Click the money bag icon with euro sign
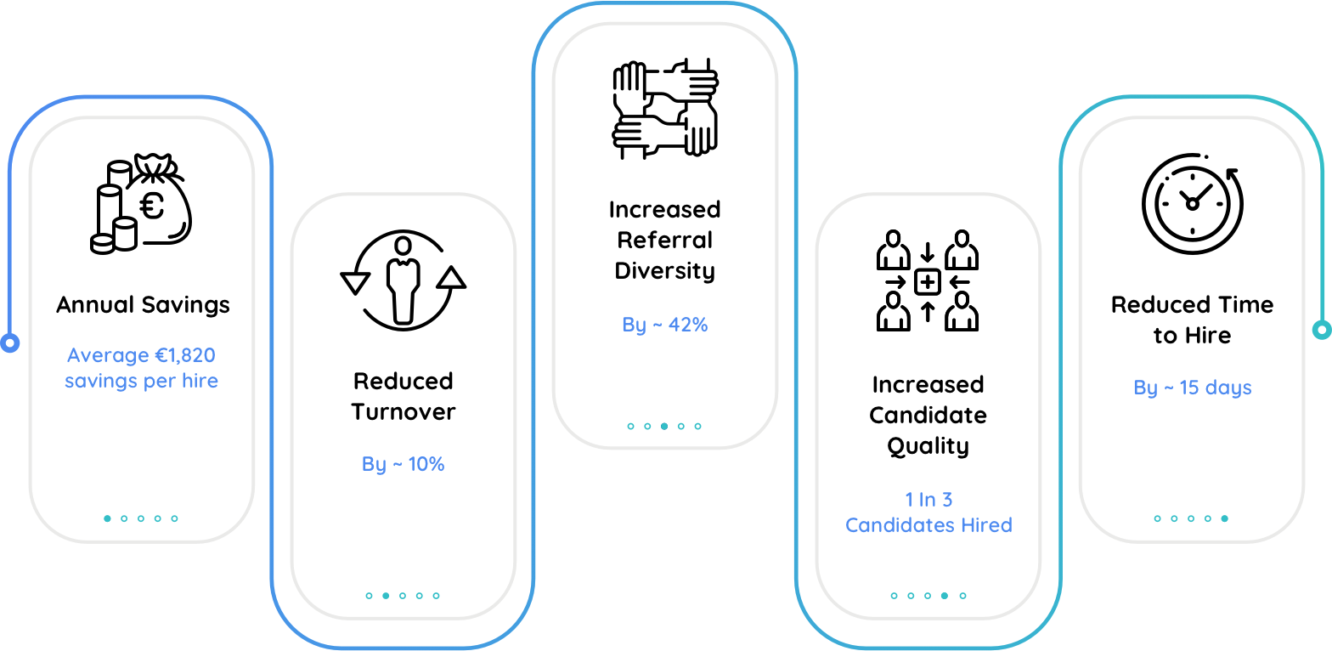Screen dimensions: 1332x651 point(142,203)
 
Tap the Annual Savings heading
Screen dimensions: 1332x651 point(143,304)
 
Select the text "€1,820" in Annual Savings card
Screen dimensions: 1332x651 point(185,355)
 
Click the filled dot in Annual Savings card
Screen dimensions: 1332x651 point(107,518)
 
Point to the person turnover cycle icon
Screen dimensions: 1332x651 point(404,280)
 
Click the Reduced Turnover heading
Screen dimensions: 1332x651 point(404,396)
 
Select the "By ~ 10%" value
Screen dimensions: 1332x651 point(404,463)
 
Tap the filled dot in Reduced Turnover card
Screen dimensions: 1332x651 point(386,596)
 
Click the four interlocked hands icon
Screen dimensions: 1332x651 point(665,108)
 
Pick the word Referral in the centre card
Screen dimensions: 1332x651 point(665,240)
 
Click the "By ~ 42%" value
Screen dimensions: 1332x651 point(665,325)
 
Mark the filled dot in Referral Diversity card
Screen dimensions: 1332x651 point(664,426)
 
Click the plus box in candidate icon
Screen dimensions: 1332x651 point(928,282)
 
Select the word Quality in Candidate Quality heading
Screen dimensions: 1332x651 point(928,445)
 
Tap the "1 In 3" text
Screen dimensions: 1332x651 point(928,499)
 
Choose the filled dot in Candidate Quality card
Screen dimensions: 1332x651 point(945,596)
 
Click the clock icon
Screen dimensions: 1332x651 point(1193,203)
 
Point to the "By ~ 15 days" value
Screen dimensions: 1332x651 point(1193,388)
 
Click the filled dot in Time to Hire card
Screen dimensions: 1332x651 point(1224,518)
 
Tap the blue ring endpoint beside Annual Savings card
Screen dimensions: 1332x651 point(10,342)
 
